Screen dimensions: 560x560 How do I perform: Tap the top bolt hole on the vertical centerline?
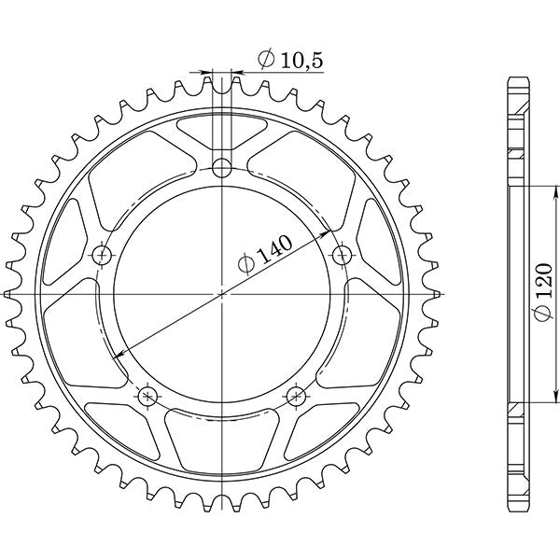point(221,168)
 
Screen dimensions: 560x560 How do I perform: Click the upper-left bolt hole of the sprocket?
point(102,254)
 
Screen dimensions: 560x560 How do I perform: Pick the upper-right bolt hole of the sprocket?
point(342,253)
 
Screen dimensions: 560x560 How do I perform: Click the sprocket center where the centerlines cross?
point(221,294)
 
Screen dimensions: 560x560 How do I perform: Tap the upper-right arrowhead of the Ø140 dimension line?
point(326,232)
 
